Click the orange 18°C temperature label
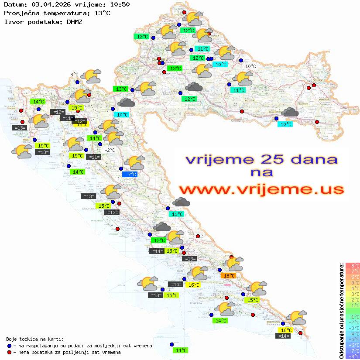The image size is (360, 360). pos(229,275)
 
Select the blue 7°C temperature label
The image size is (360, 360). pos(130,174)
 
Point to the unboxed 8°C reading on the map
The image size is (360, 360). pos(74,75)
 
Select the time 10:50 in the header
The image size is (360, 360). pos(120,4)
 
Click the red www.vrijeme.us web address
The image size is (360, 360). pos(261,189)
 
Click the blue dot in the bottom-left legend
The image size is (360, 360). pos(9,346)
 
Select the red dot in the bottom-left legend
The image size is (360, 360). pos(9,352)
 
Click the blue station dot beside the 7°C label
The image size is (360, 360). pos(121,168)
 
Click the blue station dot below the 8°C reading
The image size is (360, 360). pos(77,82)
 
